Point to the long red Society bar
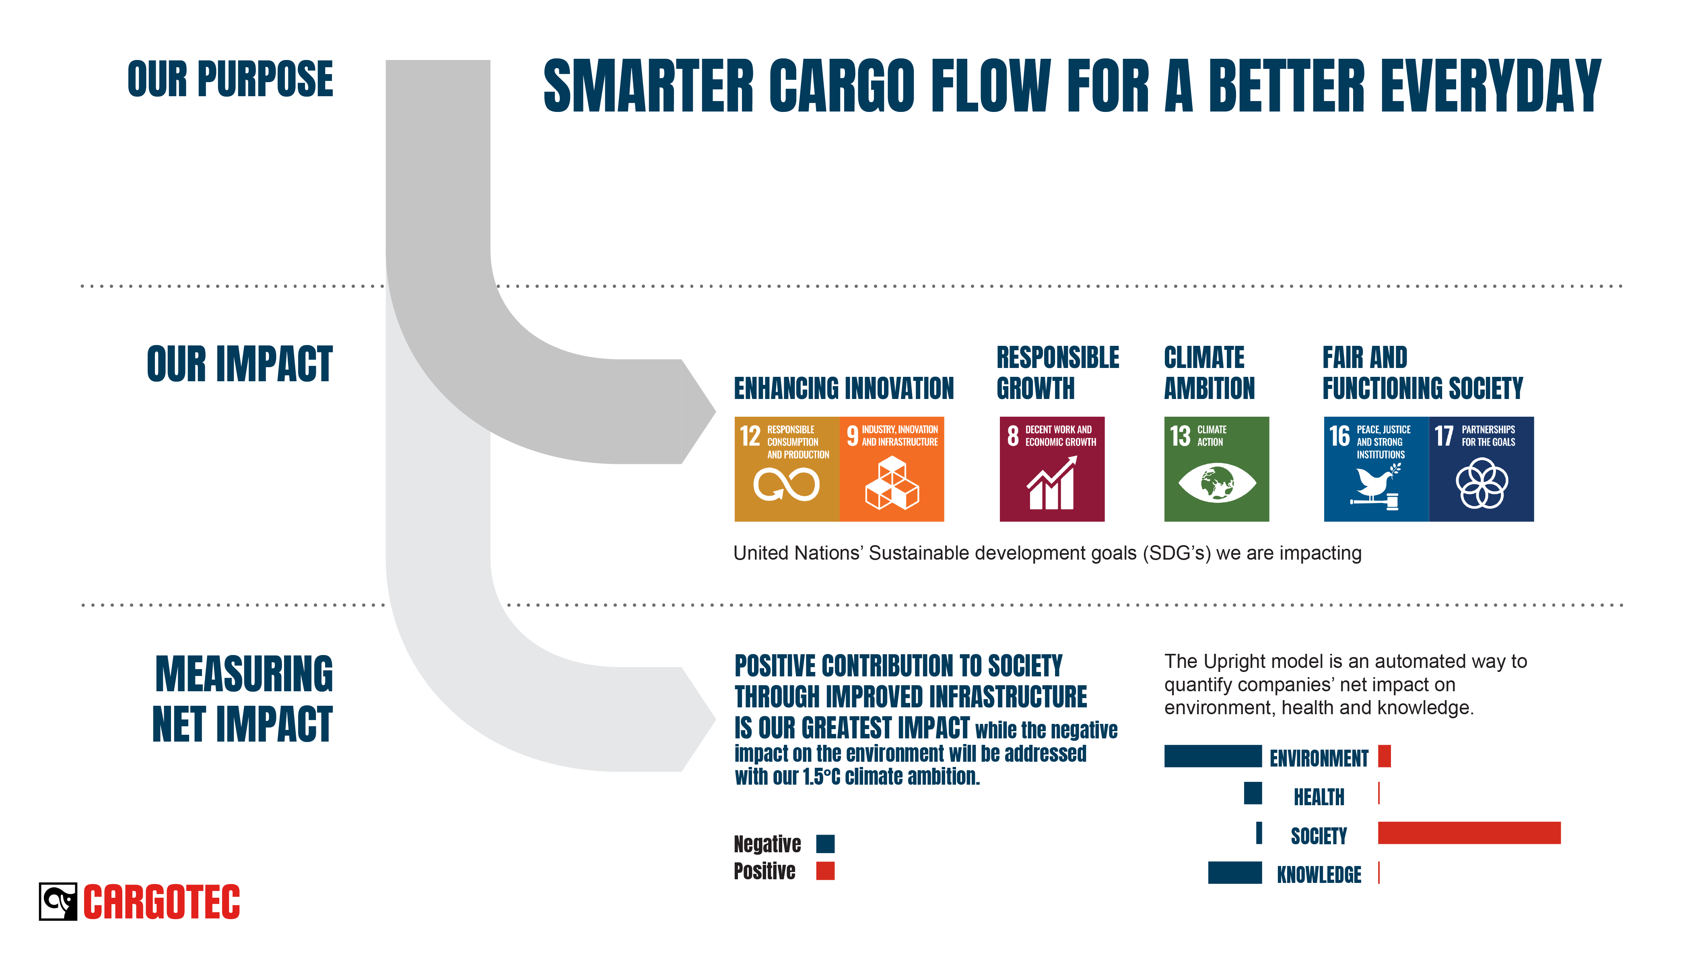[x=1469, y=833]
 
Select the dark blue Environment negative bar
[x=1213, y=756]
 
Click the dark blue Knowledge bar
[x=1235, y=872]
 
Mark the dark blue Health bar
[x=1253, y=793]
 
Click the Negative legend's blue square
[x=825, y=844]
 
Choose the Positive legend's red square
[x=825, y=871]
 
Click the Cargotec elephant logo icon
[x=58, y=901]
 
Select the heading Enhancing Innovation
[x=844, y=388]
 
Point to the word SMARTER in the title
[x=649, y=85]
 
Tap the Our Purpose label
[x=231, y=79]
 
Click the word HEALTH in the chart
[x=1319, y=797]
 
